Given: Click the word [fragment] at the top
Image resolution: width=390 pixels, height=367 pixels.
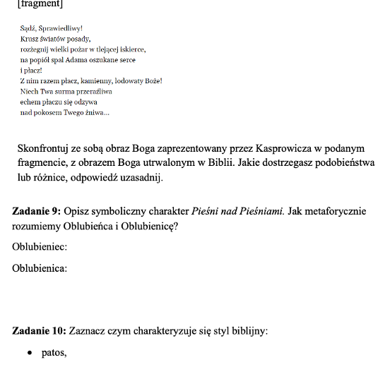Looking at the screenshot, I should [x=40, y=4].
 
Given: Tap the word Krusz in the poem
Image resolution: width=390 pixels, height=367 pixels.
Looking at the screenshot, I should [x=30, y=39].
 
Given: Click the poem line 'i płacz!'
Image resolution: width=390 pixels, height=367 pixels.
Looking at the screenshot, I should [x=31, y=71].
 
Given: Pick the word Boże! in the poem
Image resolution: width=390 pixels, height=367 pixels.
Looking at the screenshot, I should [x=152, y=81].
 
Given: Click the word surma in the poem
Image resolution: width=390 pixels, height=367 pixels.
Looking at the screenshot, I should [x=64, y=92].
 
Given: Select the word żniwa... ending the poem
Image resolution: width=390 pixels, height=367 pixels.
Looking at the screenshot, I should [x=96, y=113].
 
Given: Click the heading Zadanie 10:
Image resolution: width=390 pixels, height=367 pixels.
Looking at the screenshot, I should [x=40, y=330].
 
